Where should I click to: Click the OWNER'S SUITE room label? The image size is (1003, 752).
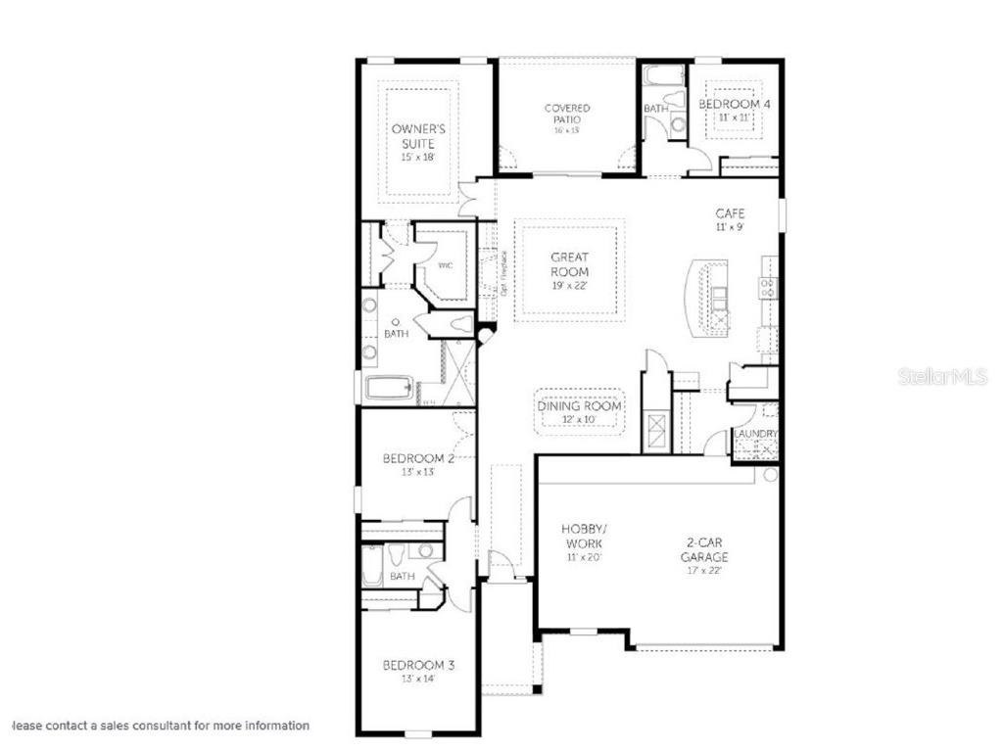pyautogui.click(x=418, y=136)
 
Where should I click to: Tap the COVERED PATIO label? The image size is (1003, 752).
pyautogui.click(x=567, y=114)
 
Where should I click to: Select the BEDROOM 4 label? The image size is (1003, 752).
pyautogui.click(x=734, y=104)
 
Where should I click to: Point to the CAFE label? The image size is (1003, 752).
pyautogui.click(x=730, y=213)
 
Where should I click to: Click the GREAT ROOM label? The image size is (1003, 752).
pyautogui.click(x=569, y=264)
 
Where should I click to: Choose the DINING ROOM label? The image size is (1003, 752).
pyautogui.click(x=580, y=406)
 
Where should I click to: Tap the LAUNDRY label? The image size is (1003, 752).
pyautogui.click(x=756, y=434)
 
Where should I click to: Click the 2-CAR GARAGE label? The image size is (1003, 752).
pyautogui.click(x=705, y=550)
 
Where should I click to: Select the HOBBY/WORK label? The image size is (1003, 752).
pyautogui.click(x=583, y=536)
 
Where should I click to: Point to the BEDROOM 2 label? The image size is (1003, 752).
pyautogui.click(x=418, y=458)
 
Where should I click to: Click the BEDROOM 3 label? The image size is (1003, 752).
pyautogui.click(x=418, y=665)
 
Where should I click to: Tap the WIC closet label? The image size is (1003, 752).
pyautogui.click(x=445, y=266)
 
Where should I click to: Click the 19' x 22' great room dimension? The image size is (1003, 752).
pyautogui.click(x=569, y=287)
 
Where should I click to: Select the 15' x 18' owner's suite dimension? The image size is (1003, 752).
pyautogui.click(x=418, y=158)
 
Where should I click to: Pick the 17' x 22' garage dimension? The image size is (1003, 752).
pyautogui.click(x=705, y=571)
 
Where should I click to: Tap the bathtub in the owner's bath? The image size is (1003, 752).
pyautogui.click(x=392, y=389)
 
